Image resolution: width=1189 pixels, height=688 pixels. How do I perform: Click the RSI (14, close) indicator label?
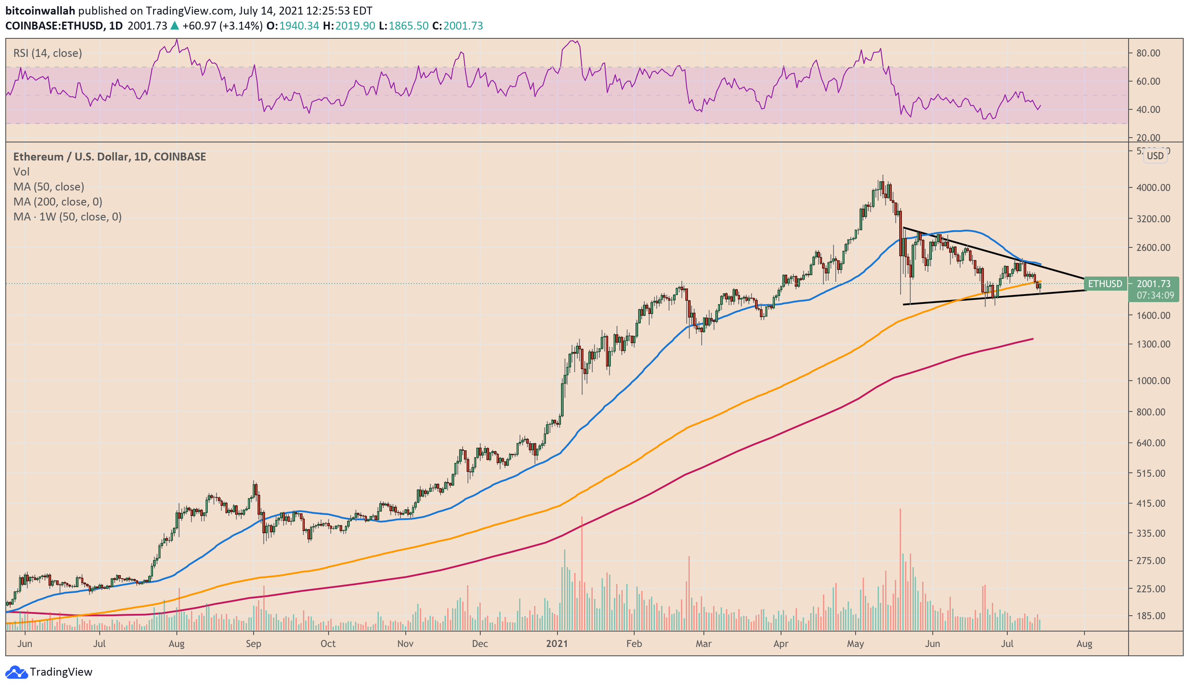pyautogui.click(x=47, y=53)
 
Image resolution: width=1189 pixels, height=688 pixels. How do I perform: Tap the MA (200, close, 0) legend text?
pyautogui.click(x=58, y=202)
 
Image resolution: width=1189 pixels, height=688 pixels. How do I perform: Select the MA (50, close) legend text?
pyautogui.click(x=49, y=187)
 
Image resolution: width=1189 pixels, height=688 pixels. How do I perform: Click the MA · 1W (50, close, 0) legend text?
pyautogui.click(x=67, y=217)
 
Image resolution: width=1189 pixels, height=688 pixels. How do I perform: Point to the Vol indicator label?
pyautogui.click(x=21, y=171)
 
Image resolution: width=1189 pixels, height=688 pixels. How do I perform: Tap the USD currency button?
pyautogui.click(x=1155, y=156)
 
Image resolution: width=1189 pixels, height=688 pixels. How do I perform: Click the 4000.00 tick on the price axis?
pyautogui.click(x=1153, y=187)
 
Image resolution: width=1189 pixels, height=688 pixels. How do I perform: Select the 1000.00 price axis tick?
pyautogui.click(x=1153, y=380)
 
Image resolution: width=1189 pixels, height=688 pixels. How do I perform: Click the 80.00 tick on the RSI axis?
pyautogui.click(x=1148, y=53)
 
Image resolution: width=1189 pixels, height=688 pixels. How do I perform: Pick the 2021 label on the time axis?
pyautogui.click(x=557, y=643)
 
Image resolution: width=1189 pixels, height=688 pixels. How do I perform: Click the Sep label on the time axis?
pyautogui.click(x=254, y=643)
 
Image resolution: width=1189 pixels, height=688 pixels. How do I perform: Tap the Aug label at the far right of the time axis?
pyautogui.click(x=1084, y=643)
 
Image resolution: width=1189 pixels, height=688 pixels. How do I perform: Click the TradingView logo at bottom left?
pyautogui.click(x=49, y=672)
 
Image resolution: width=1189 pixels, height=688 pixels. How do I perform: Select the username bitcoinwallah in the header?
pyautogui.click(x=40, y=11)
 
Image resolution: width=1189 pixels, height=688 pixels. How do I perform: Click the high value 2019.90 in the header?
pyautogui.click(x=355, y=26)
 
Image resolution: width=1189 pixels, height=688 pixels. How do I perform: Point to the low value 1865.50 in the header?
pyautogui.click(x=408, y=26)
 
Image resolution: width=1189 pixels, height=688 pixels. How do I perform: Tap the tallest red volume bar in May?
pyautogui.click(x=900, y=568)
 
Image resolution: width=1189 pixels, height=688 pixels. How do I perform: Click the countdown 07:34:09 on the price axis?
pyautogui.click(x=1155, y=295)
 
